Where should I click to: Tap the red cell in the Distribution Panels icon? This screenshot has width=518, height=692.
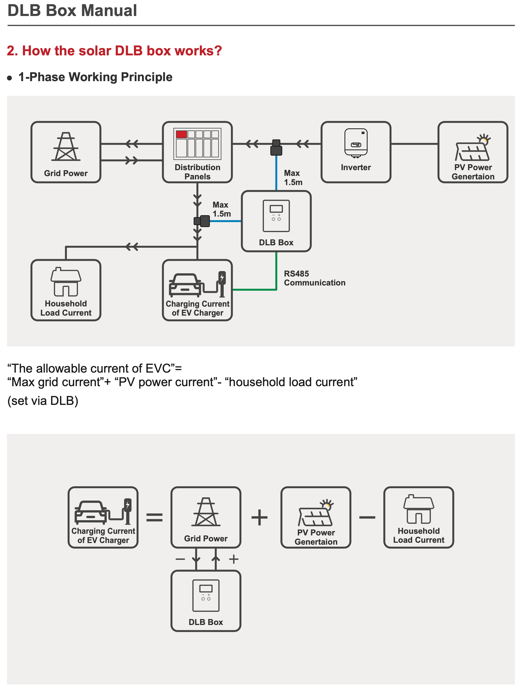(181, 134)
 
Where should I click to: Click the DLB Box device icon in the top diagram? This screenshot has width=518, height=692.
(276, 215)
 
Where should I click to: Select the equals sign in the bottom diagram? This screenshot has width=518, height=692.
(154, 517)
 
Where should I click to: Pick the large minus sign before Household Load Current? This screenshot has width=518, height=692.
(367, 517)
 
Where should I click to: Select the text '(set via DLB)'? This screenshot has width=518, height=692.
(43, 401)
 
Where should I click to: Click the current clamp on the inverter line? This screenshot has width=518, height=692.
(276, 147)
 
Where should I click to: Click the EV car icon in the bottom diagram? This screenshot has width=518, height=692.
(91, 512)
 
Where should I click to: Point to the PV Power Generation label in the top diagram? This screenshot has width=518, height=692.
(473, 172)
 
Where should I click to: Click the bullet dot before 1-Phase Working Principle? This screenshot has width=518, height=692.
(10, 78)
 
